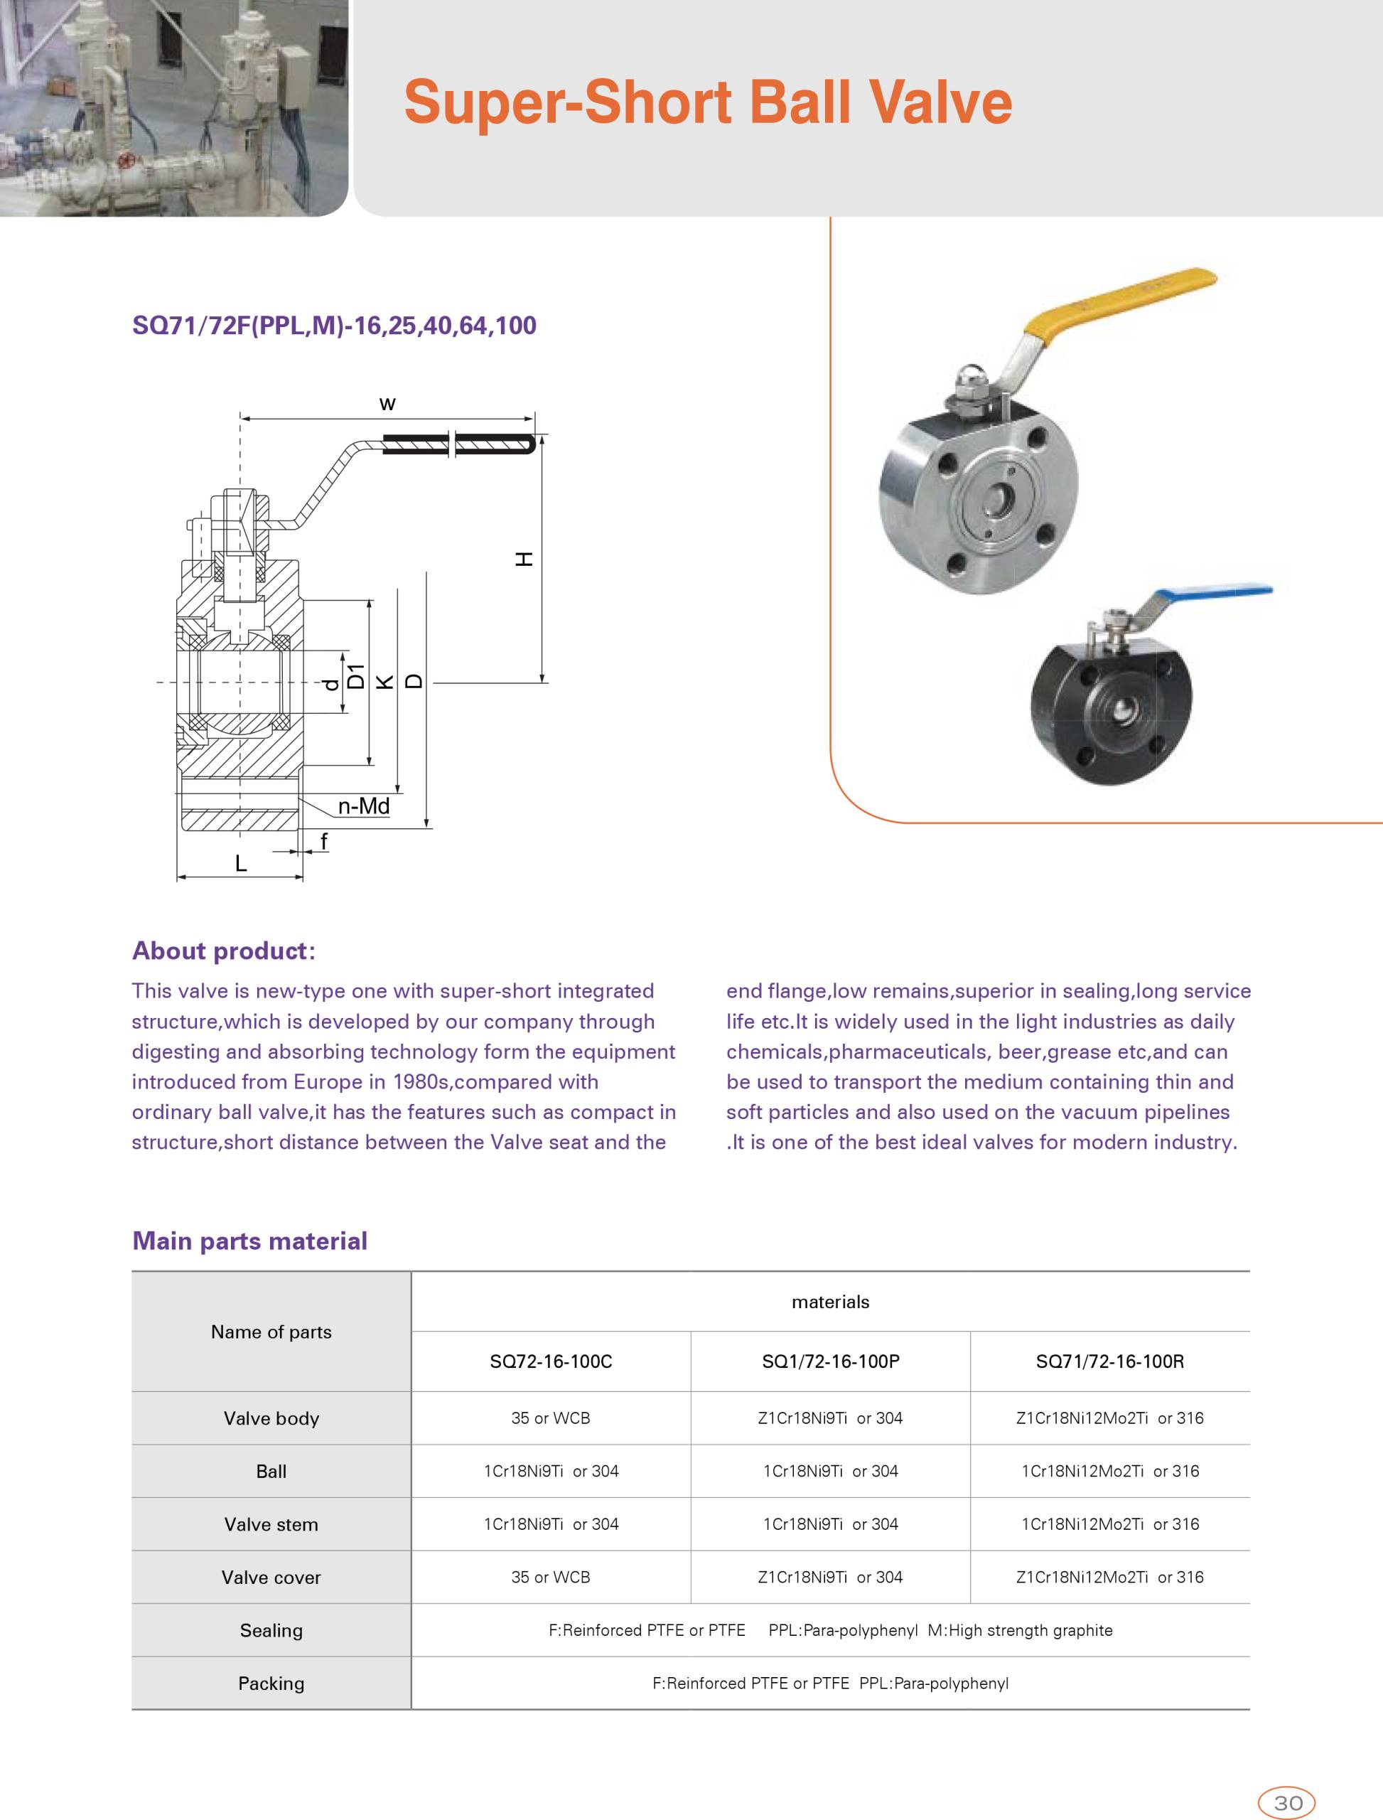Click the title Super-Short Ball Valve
click(x=707, y=103)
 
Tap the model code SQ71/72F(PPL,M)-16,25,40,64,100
click(x=334, y=326)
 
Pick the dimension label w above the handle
click(x=387, y=404)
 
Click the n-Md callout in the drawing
click(x=363, y=806)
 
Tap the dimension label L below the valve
click(x=240, y=864)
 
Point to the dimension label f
click(x=323, y=841)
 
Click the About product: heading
click(x=223, y=951)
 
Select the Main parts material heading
click(x=249, y=1241)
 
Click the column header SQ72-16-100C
click(x=551, y=1361)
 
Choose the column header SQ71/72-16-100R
click(x=1109, y=1361)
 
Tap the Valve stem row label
click(x=271, y=1524)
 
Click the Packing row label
click(x=271, y=1683)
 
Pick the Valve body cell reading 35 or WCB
click(x=551, y=1418)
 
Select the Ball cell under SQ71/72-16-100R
click(x=1109, y=1471)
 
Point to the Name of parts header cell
click(x=271, y=1332)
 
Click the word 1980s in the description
click(x=426, y=1082)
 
